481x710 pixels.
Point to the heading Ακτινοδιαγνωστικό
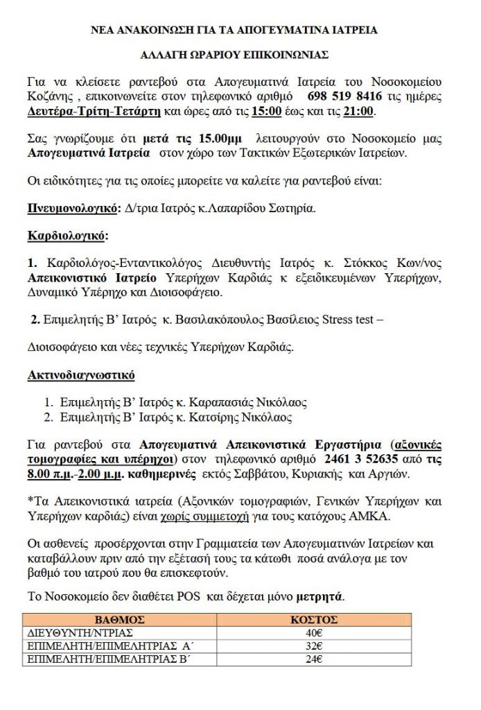(x=81, y=375)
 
